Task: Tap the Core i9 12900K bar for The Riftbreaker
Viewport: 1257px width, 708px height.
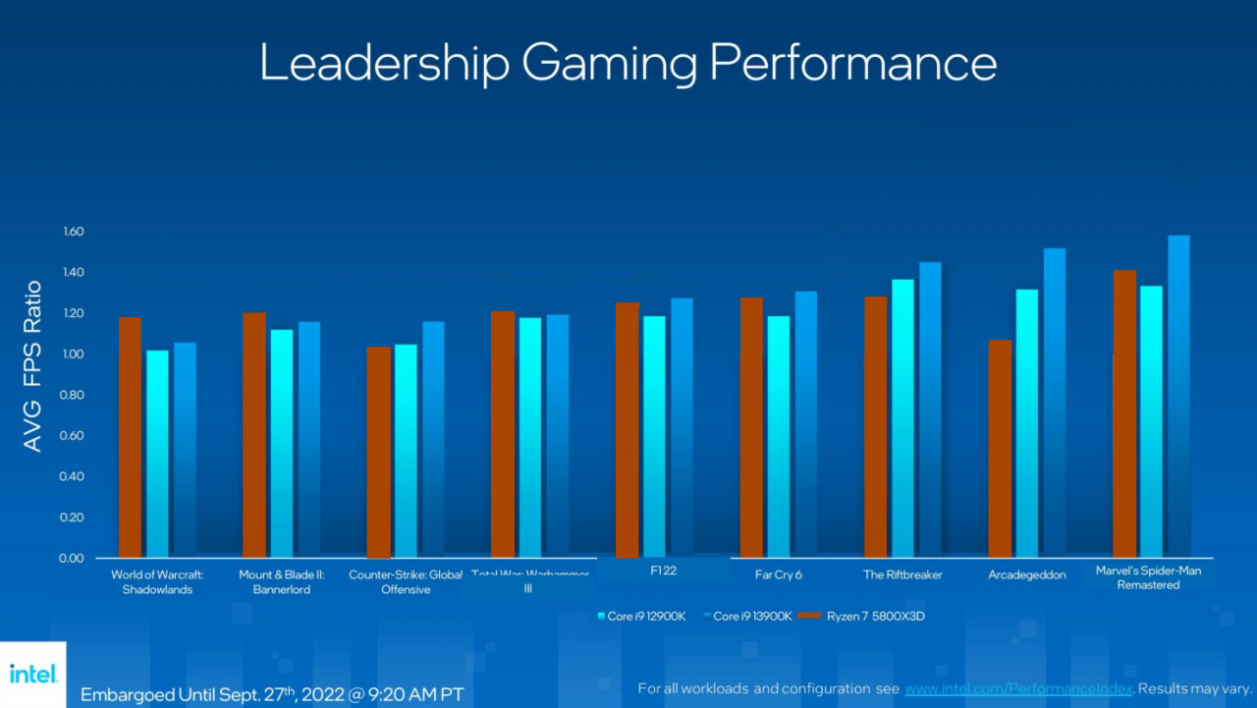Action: [x=903, y=418]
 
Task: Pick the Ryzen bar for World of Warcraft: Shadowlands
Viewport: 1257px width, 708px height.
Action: [x=130, y=437]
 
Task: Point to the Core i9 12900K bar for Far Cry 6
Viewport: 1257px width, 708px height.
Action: [x=779, y=436]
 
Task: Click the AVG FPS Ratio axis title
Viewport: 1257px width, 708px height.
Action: [x=32, y=366]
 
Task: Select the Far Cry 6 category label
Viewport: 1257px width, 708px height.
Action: [x=778, y=574]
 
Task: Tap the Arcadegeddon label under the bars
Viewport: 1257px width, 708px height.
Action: [x=1026, y=574]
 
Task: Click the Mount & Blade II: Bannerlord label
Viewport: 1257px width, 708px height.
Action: [x=281, y=581]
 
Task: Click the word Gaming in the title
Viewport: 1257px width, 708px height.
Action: [x=609, y=63]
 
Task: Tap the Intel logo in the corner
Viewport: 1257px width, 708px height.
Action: [x=33, y=674]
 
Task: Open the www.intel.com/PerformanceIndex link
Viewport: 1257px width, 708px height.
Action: [x=1018, y=688]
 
